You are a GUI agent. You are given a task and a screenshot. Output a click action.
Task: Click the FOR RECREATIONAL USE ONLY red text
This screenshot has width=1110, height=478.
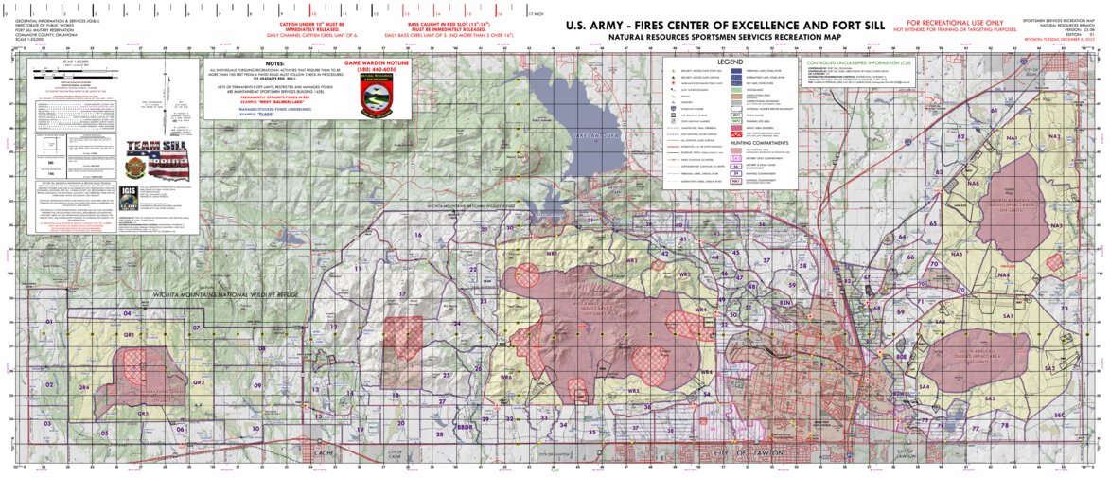(956, 22)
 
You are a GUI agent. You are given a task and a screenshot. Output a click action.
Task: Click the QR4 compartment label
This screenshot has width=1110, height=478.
(83, 387)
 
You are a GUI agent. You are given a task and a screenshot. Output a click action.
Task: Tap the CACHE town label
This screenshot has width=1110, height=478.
(325, 453)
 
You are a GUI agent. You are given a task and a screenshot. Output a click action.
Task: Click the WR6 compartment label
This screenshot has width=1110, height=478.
(505, 376)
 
